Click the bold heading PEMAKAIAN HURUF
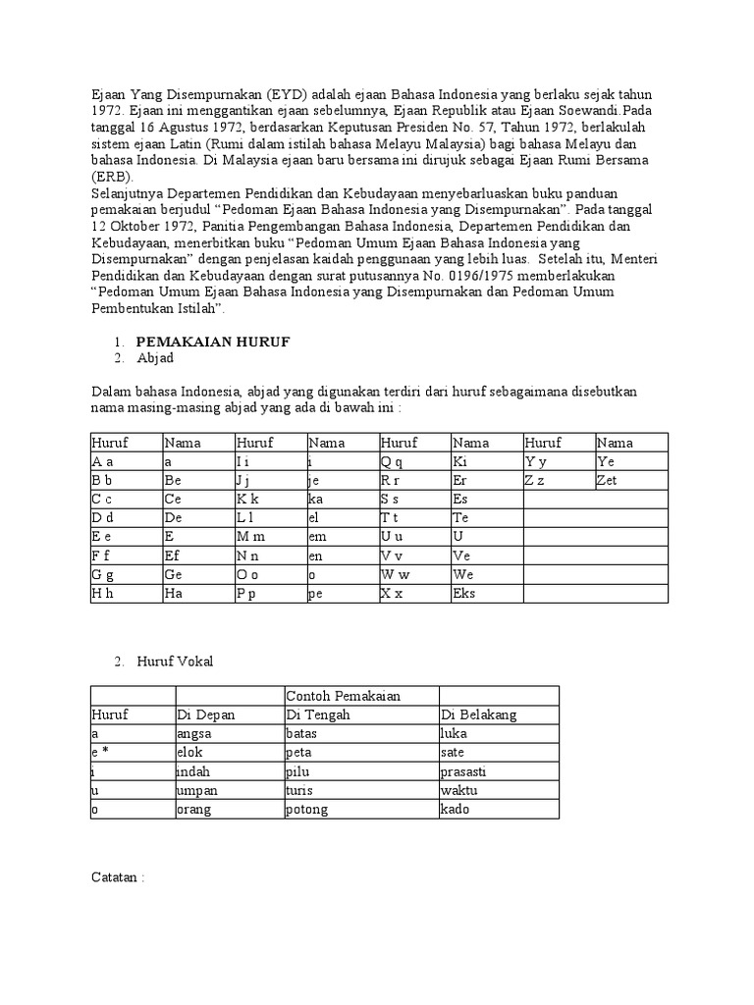[212, 341]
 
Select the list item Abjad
[154, 358]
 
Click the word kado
[456, 809]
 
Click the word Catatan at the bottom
[114, 877]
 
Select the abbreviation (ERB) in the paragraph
[111, 176]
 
